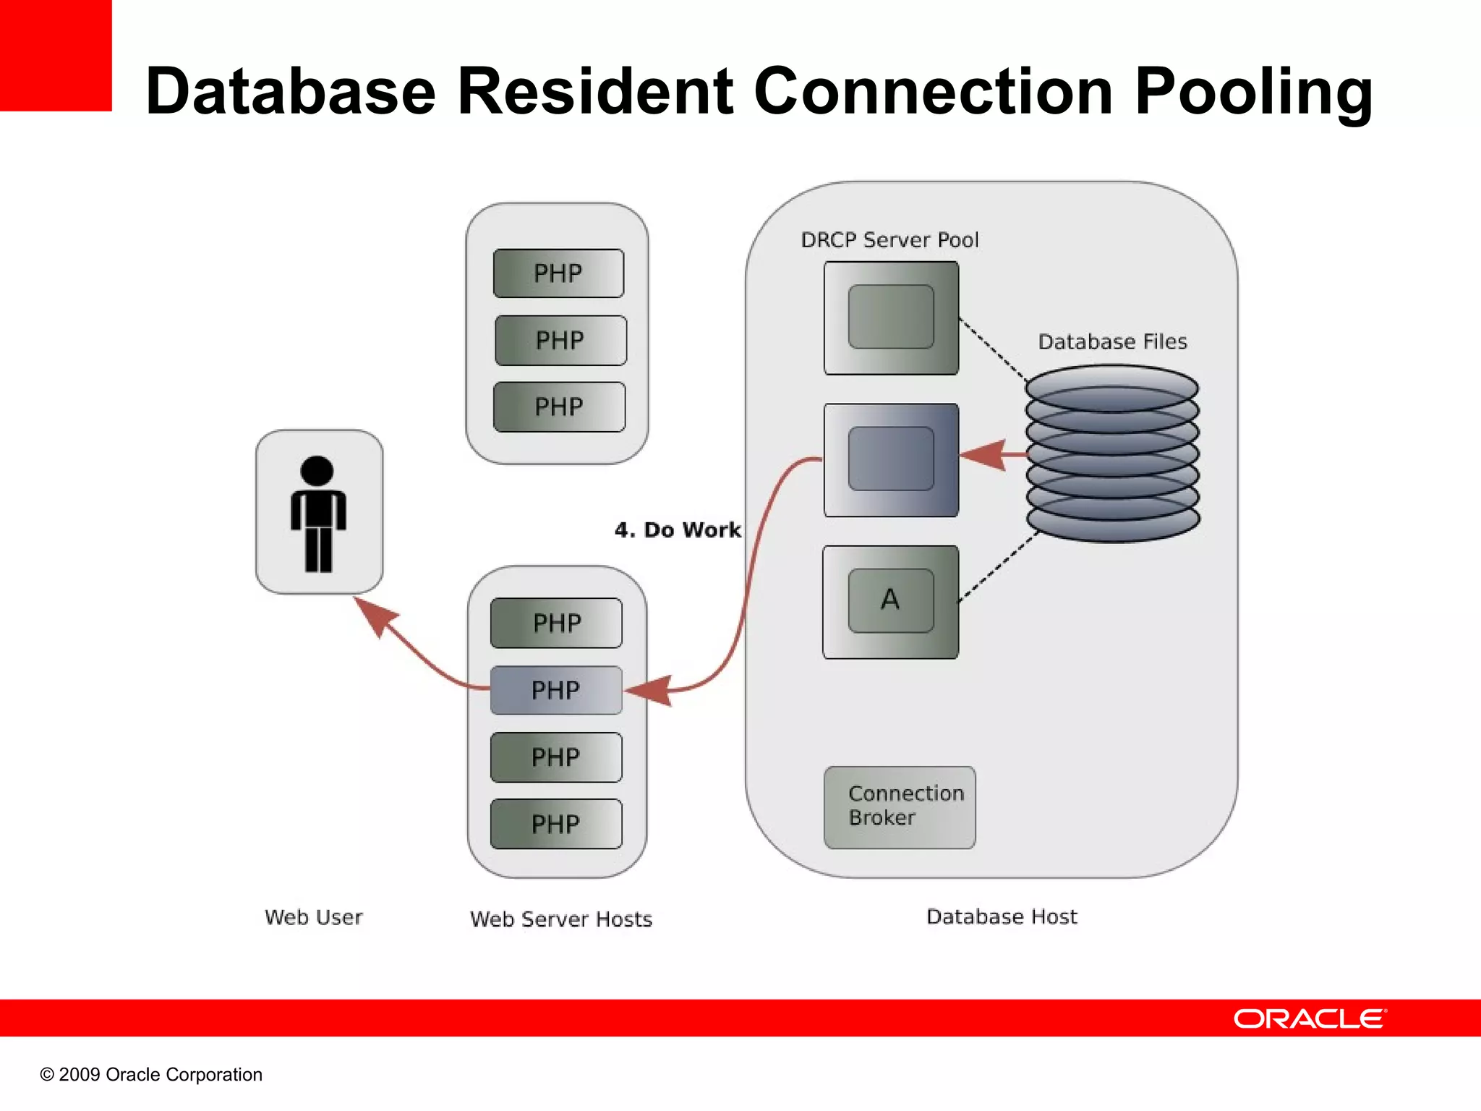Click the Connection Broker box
(900, 807)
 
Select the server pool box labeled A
(891, 602)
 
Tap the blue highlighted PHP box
(556, 690)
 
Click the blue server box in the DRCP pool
(891, 460)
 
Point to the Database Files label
(1112, 341)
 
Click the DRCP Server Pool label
(889, 240)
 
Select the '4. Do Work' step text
(678, 529)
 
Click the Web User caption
(313, 917)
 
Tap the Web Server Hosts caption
(561, 919)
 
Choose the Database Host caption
(1002, 916)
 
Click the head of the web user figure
(317, 470)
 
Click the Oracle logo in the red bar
(1310, 1018)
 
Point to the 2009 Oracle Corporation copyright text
(151, 1074)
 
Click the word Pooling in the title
(1253, 93)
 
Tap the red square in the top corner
(55, 55)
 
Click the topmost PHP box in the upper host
(558, 273)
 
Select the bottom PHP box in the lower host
(556, 824)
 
